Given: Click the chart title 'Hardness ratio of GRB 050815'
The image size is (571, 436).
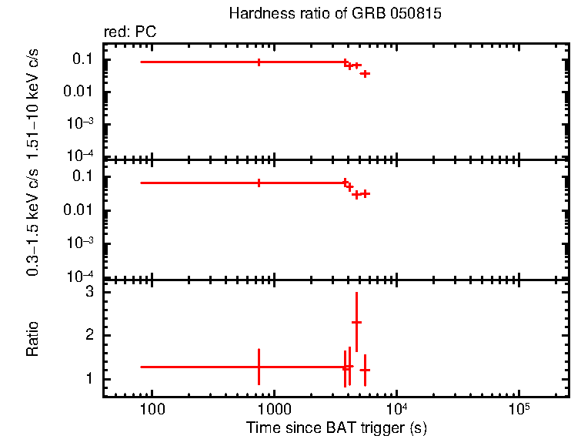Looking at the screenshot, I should [336, 15].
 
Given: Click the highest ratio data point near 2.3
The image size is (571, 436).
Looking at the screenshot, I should [356, 322].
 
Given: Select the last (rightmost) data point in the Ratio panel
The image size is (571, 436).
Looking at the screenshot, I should [365, 371].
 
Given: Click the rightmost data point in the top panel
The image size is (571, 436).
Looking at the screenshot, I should [365, 73].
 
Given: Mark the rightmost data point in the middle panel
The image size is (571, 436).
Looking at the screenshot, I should [365, 193].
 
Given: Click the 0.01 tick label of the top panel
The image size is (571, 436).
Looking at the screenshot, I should [80, 92].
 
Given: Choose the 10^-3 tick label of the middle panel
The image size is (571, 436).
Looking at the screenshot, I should [80, 243].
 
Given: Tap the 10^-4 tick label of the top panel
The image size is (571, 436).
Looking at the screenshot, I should [80, 156].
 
